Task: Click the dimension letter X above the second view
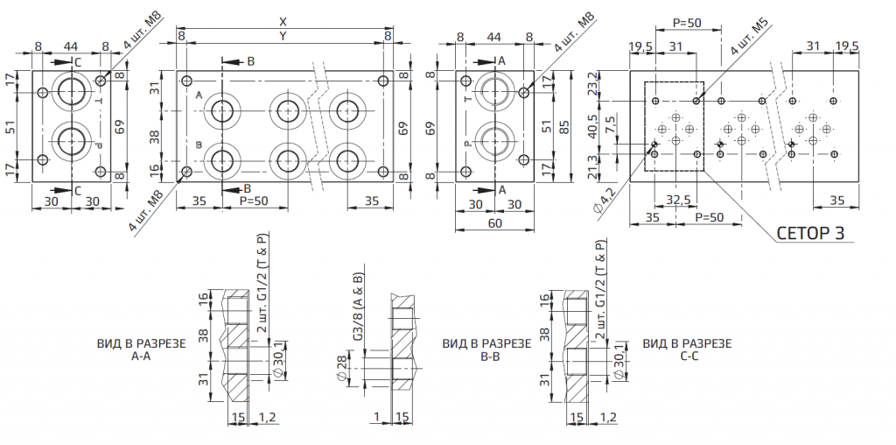pos(283,21)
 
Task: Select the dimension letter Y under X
pos(283,36)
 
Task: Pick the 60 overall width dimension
pos(494,222)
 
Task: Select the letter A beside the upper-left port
pos(199,95)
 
